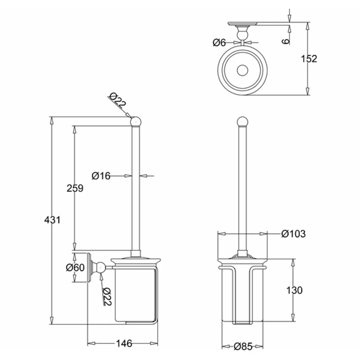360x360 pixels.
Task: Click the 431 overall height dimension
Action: (x=53, y=220)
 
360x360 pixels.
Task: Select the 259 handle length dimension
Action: (x=75, y=188)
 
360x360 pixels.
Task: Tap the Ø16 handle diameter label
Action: (x=101, y=176)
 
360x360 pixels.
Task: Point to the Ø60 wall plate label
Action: (x=75, y=268)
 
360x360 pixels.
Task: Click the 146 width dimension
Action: (x=124, y=343)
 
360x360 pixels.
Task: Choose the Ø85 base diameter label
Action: (x=243, y=346)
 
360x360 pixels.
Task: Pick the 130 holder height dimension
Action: (x=294, y=290)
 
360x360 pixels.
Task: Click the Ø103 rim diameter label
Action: (x=294, y=234)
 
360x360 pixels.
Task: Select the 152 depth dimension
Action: (x=309, y=59)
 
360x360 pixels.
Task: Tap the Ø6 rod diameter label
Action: (x=219, y=42)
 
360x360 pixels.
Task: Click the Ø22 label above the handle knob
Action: (x=118, y=101)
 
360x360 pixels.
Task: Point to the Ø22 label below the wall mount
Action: (x=107, y=297)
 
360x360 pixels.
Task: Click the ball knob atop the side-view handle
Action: (x=136, y=122)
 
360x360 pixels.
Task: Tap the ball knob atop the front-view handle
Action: (x=242, y=122)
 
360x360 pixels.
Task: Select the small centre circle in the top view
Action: (x=242, y=70)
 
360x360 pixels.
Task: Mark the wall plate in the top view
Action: (x=242, y=23)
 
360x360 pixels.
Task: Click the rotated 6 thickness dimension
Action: (x=286, y=41)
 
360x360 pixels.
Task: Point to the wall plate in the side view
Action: (x=89, y=268)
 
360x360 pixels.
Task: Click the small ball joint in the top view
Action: (x=242, y=35)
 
